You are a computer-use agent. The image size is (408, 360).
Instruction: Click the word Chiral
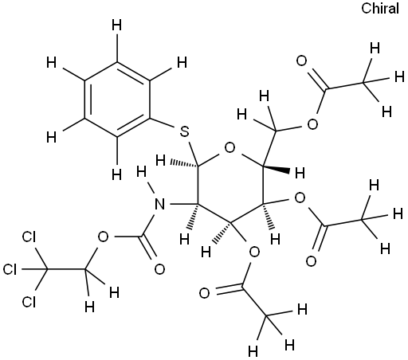point(380,9)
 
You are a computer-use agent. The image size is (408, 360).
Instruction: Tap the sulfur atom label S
point(184,131)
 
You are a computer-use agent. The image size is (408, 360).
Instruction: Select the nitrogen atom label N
point(159,204)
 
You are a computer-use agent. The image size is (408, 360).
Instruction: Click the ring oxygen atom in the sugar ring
point(229,147)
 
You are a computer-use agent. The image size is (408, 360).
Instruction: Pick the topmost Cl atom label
point(29,237)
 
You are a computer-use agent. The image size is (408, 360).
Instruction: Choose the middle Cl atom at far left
point(10,269)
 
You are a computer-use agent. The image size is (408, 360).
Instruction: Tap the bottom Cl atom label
point(29,302)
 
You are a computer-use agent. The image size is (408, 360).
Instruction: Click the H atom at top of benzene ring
point(116,25)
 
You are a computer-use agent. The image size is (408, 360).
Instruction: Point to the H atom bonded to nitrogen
point(141,172)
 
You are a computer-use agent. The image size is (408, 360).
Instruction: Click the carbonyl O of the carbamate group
point(159,269)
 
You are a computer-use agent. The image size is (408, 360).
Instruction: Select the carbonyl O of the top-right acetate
point(301,61)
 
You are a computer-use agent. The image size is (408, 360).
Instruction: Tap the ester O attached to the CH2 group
point(312,124)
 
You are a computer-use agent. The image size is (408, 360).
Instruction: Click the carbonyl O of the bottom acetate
point(204,293)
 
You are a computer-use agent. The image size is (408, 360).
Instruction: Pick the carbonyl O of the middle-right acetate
point(311,261)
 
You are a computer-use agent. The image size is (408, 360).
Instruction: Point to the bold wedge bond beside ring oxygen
point(277,169)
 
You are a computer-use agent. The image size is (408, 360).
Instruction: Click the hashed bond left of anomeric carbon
point(184,163)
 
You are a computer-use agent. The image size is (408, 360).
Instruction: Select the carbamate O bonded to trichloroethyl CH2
point(103,237)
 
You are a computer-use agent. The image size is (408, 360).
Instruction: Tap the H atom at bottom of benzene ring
point(116,175)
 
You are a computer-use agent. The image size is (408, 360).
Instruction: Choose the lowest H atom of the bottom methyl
point(253,352)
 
